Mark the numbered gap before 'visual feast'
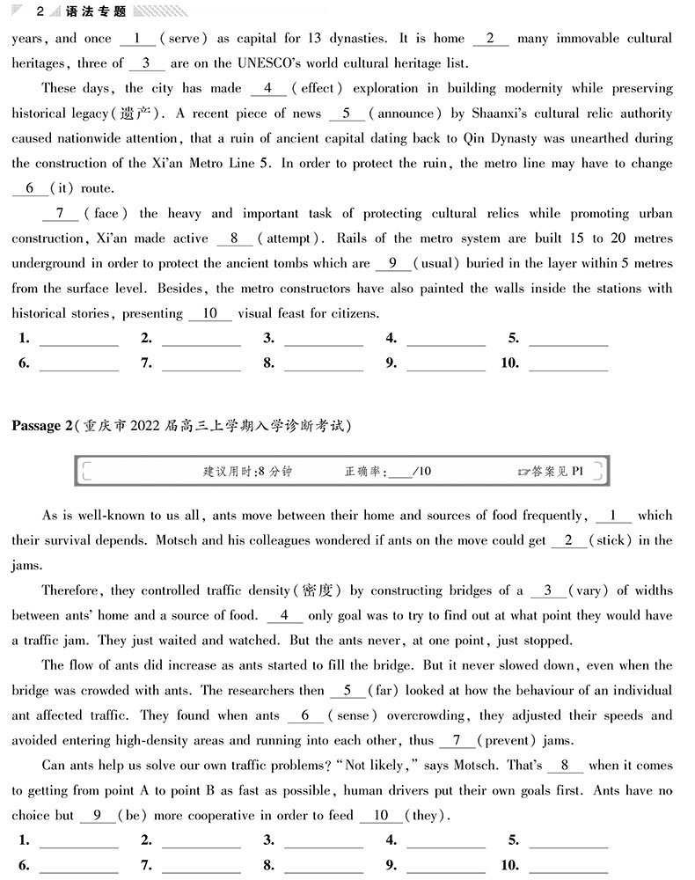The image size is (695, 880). tap(210, 313)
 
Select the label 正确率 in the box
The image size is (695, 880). tap(364, 472)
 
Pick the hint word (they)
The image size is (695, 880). tap(423, 816)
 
